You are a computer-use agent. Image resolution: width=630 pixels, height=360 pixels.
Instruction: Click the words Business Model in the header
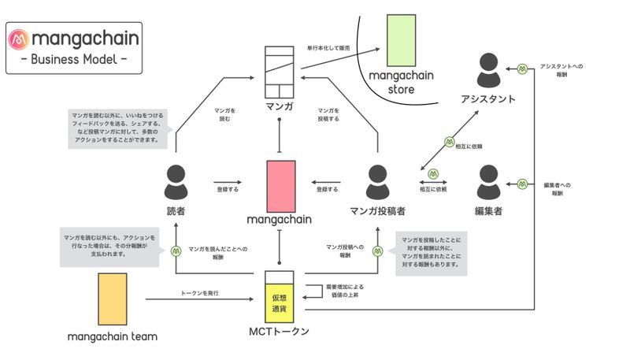tap(74, 58)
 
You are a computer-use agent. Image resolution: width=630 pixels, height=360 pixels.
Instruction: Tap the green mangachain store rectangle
tap(401, 39)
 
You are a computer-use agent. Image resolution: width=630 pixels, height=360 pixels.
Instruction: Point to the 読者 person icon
tap(176, 183)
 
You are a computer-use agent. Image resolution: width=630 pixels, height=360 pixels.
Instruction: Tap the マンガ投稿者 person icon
tap(377, 183)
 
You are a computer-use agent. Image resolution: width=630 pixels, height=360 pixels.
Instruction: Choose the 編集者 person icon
tap(488, 183)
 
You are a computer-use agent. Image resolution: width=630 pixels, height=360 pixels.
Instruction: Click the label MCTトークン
tap(280, 332)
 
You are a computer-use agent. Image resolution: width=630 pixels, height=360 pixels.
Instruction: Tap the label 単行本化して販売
tap(328, 48)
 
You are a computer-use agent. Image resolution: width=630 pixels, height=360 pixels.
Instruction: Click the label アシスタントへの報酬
tap(560, 72)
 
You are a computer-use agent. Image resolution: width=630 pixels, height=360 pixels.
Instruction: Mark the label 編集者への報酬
tap(556, 188)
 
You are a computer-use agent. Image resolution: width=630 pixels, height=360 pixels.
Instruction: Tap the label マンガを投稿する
tap(328, 114)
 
